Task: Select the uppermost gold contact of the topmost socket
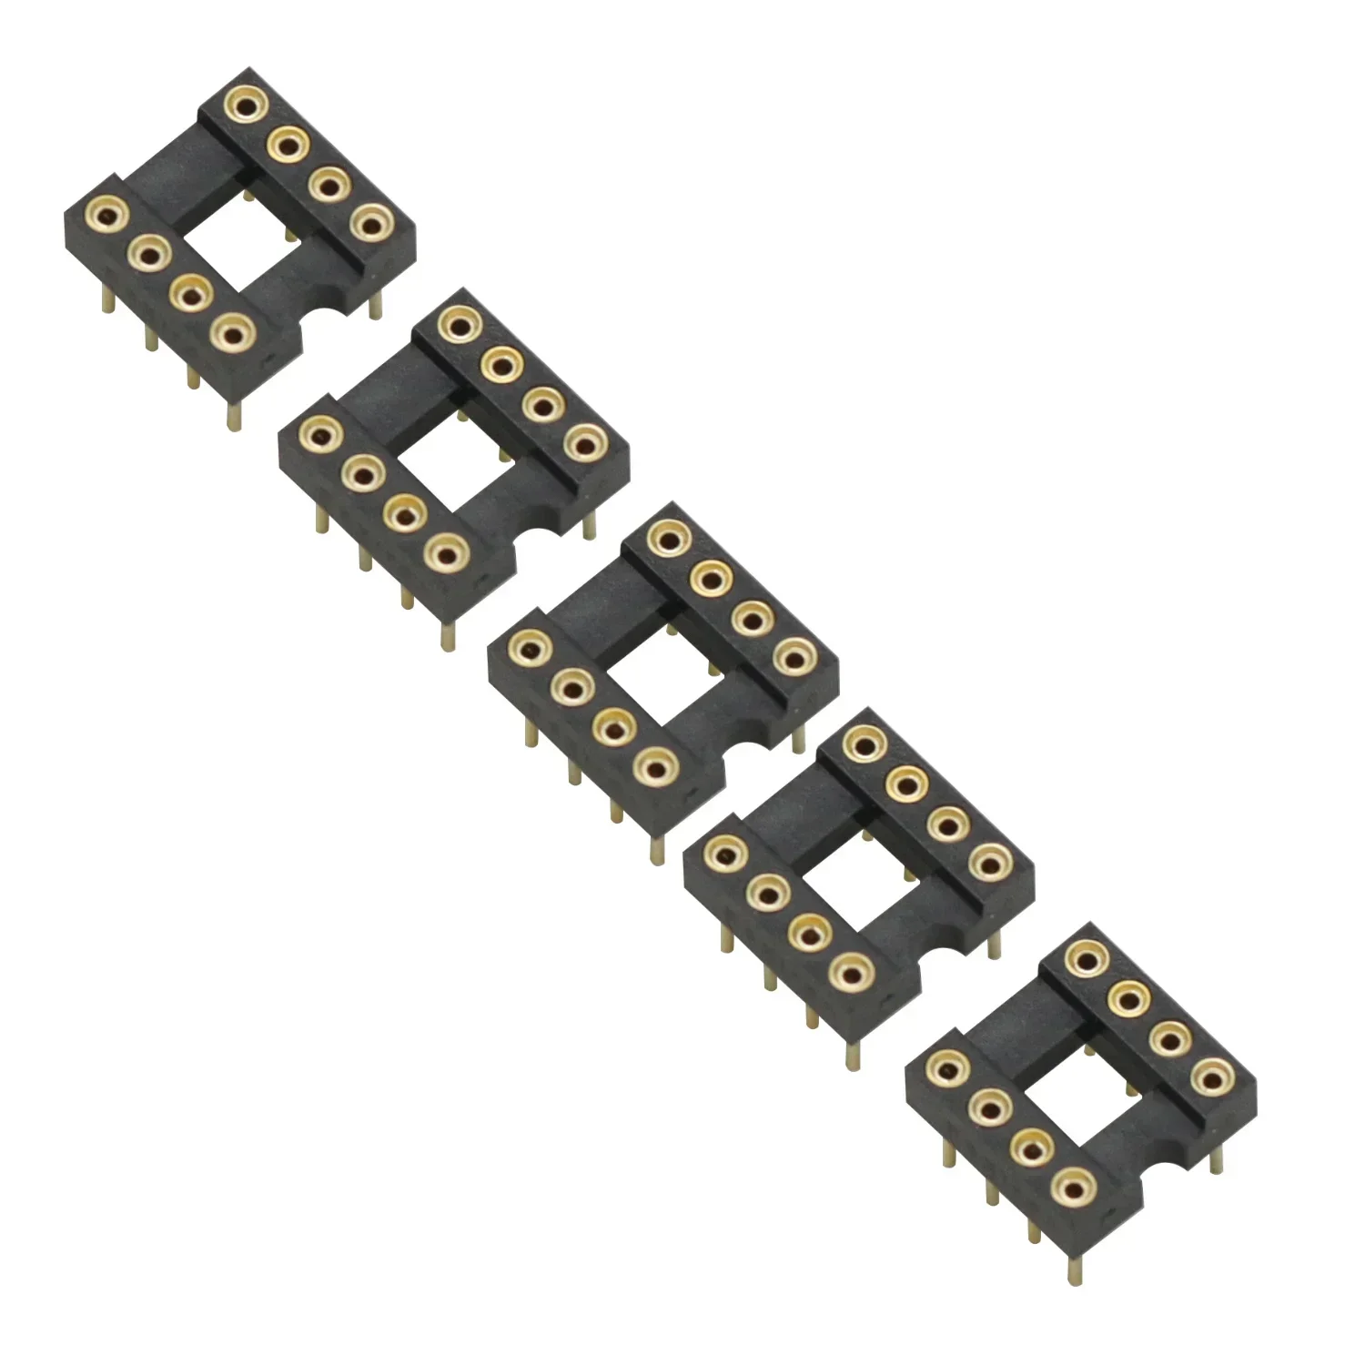244,104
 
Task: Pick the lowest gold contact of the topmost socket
232,334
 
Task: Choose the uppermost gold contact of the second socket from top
459,324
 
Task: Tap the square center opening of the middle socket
662,673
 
